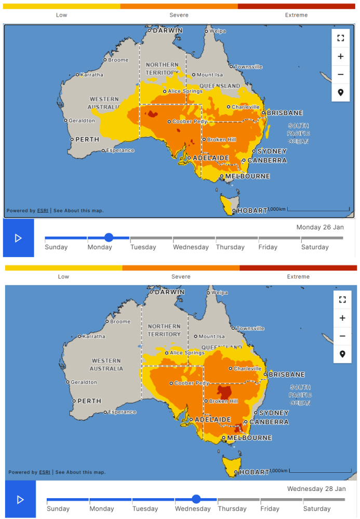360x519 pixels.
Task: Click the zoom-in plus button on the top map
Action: point(340,56)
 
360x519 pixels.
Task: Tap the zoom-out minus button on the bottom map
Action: point(342,336)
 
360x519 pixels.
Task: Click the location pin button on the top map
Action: point(340,92)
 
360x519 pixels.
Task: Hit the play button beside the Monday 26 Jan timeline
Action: point(18,238)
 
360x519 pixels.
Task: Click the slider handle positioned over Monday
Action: point(109,238)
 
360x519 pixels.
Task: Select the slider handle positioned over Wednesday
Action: point(196,499)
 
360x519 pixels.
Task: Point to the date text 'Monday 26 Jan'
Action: point(321,227)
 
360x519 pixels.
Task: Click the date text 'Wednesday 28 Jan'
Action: point(316,489)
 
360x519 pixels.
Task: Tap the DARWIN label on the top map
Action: point(167,31)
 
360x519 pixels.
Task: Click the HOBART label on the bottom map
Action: point(254,472)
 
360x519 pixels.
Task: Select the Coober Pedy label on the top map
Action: point(190,121)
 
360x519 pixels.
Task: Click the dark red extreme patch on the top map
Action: point(152,114)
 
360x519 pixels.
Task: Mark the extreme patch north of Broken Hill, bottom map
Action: point(224,391)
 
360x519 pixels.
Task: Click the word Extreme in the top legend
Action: point(296,15)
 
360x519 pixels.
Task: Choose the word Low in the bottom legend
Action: point(63,277)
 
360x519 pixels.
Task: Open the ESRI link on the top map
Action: point(43,211)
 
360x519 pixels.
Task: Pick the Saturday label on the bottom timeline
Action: point(316,509)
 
